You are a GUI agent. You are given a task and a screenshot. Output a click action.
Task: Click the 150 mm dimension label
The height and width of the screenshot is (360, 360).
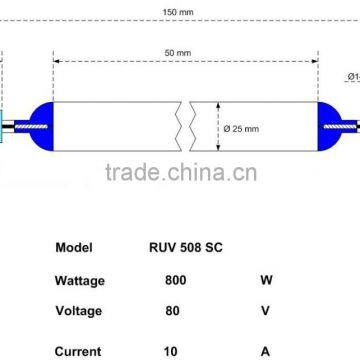(x=180, y=13)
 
